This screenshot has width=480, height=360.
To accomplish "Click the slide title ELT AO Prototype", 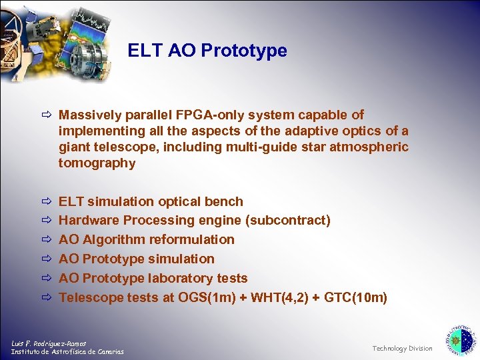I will coord(207,51).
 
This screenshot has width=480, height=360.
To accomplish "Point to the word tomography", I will coord(97,163).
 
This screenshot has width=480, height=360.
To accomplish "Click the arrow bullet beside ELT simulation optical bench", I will coord(45,202).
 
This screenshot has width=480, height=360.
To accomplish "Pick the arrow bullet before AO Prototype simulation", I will coord(45,259).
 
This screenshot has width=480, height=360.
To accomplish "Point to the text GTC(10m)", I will coord(355,297).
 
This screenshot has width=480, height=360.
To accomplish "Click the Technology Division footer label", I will coord(402,348).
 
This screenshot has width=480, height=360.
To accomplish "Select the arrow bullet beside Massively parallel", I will coord(45,116).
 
